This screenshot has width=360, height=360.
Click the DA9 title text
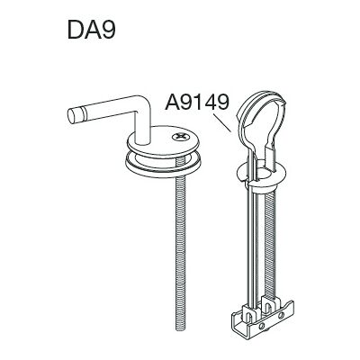pos(92,29)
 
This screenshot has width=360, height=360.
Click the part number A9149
pos(197,102)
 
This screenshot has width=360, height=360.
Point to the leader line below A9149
pos(222,122)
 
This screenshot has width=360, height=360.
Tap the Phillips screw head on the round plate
pos(181,137)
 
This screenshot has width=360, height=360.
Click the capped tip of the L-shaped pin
pos(74,116)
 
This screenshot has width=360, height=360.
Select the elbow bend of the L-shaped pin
pos(142,105)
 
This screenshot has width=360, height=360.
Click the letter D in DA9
pos(76,30)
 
